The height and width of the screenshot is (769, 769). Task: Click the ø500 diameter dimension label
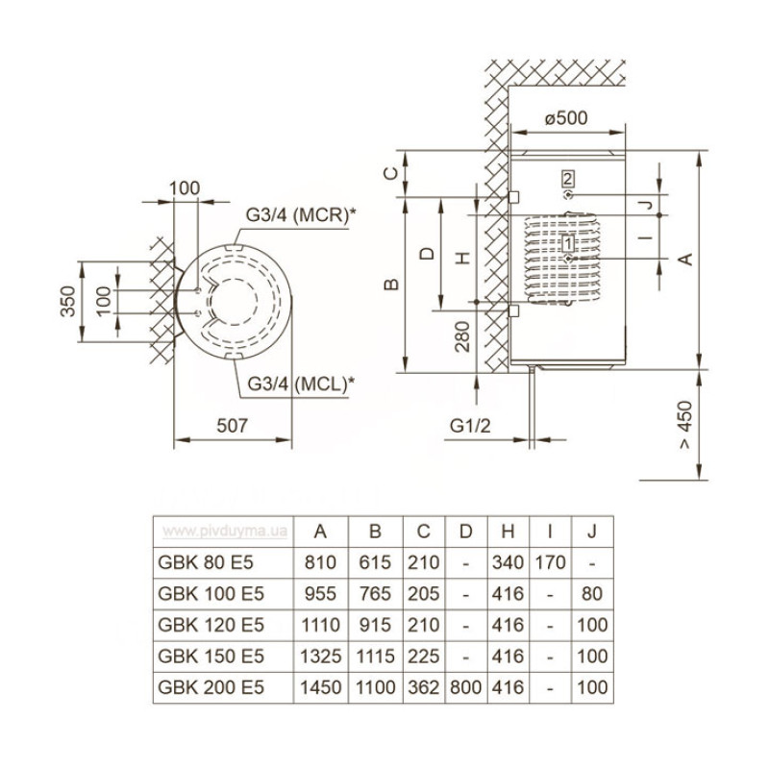[x=566, y=118]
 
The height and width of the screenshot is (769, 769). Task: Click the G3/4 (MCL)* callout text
[x=300, y=383]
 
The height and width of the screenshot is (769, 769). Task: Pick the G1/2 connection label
[x=470, y=424]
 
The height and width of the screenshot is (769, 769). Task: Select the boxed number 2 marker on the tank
[x=568, y=178]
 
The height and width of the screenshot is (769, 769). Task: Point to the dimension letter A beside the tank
[x=684, y=259]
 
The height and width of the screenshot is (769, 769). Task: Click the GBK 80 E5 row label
[x=209, y=562]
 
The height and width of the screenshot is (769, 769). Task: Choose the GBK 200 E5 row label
[x=209, y=687]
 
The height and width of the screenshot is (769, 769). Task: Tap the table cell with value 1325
[x=320, y=657]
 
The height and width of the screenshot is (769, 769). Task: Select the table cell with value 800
[x=465, y=687]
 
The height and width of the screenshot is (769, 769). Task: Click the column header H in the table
[x=508, y=531]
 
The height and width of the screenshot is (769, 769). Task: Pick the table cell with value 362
[x=424, y=687]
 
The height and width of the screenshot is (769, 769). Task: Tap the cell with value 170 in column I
[x=549, y=562]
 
